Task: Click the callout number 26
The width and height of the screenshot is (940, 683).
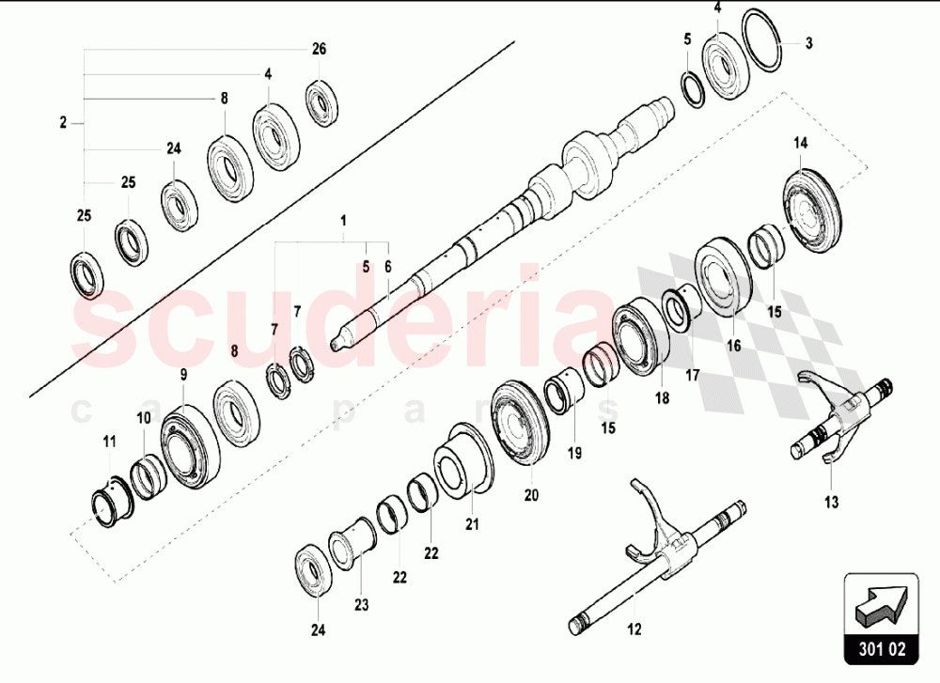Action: point(320,49)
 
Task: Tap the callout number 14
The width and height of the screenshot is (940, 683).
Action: point(800,144)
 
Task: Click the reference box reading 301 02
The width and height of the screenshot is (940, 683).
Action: point(881,647)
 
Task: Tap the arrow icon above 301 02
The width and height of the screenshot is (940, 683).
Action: point(881,601)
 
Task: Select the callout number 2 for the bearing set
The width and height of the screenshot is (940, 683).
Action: point(63,122)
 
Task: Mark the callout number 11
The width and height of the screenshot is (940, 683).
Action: point(110,442)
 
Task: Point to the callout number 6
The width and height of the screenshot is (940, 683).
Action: point(387,267)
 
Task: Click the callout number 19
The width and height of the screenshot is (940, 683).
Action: point(574,453)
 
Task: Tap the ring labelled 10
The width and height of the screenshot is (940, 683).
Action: point(147,467)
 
